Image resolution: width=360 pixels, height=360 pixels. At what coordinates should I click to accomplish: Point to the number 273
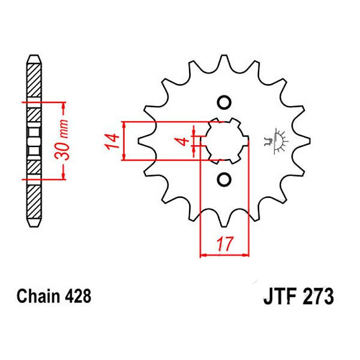click(318, 296)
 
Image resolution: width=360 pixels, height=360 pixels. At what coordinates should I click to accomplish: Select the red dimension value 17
click(223, 244)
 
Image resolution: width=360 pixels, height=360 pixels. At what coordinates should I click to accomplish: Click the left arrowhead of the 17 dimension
click(203, 255)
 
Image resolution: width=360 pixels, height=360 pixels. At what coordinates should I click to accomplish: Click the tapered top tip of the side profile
click(34, 59)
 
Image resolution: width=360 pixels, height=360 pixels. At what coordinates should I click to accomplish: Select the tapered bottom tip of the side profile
click(34, 223)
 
